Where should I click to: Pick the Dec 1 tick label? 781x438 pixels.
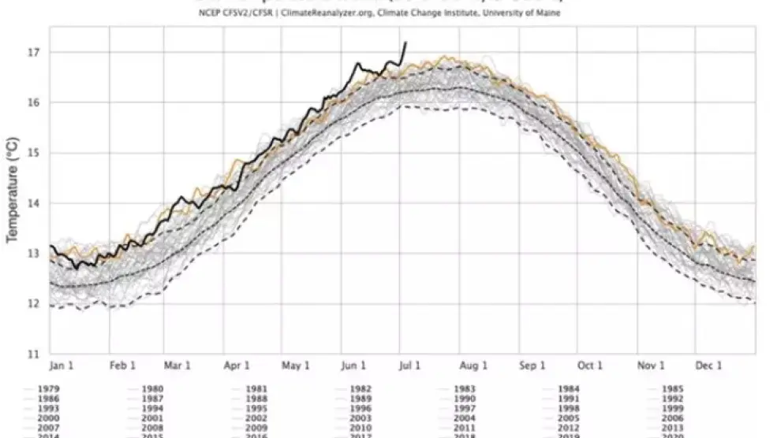708,366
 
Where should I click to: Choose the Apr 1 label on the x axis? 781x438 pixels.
237,366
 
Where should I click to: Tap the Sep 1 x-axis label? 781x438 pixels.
532,366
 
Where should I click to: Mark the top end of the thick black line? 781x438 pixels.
405,43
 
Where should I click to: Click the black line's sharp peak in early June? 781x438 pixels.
357,63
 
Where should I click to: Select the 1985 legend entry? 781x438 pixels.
673,388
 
